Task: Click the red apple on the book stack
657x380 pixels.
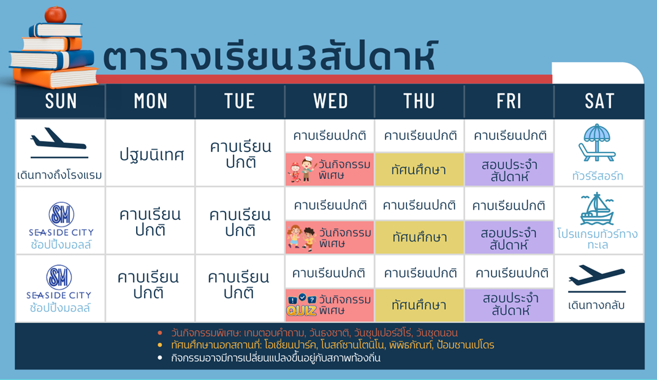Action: click(55, 14)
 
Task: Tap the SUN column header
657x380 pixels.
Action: click(61, 101)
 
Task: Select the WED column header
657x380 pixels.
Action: click(330, 101)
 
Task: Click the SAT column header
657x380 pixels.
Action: click(599, 101)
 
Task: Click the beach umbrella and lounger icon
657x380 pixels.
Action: click(597, 143)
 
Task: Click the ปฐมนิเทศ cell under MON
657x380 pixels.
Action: click(151, 154)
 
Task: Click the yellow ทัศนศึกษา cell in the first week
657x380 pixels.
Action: click(419, 169)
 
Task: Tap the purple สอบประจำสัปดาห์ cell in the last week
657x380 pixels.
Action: click(510, 305)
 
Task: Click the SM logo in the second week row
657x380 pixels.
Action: click(61, 214)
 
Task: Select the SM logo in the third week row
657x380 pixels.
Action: click(59, 277)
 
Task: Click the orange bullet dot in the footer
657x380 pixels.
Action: click(159, 333)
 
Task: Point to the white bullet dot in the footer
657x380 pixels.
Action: click(159, 358)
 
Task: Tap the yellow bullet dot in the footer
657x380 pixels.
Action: click(159, 345)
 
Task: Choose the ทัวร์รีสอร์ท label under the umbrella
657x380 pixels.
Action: click(598, 175)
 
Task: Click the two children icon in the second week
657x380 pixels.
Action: click(302, 237)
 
